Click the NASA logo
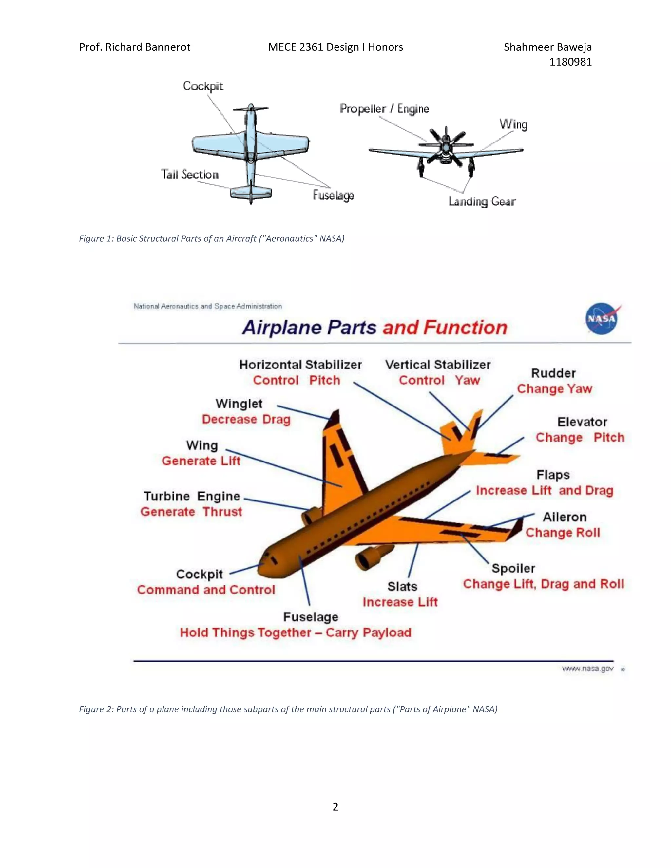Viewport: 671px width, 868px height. (602, 318)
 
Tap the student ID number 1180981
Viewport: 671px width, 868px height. (570, 62)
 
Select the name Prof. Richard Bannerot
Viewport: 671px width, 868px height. (134, 47)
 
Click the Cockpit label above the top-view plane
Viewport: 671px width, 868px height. (203, 86)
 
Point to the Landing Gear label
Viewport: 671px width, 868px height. (482, 201)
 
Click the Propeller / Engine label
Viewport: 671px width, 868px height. (384, 109)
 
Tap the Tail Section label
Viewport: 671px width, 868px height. (190, 175)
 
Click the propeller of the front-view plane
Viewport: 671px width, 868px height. (446, 146)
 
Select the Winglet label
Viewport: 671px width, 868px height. (239, 404)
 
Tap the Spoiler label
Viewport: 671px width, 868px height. (513, 568)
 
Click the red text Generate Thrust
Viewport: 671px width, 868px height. (191, 512)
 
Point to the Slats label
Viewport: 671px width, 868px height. (402, 587)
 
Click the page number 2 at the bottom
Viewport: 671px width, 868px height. (335, 806)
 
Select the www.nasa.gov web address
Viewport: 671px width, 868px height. (587, 669)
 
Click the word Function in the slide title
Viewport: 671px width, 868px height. (465, 328)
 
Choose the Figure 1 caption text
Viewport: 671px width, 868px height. (211, 238)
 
